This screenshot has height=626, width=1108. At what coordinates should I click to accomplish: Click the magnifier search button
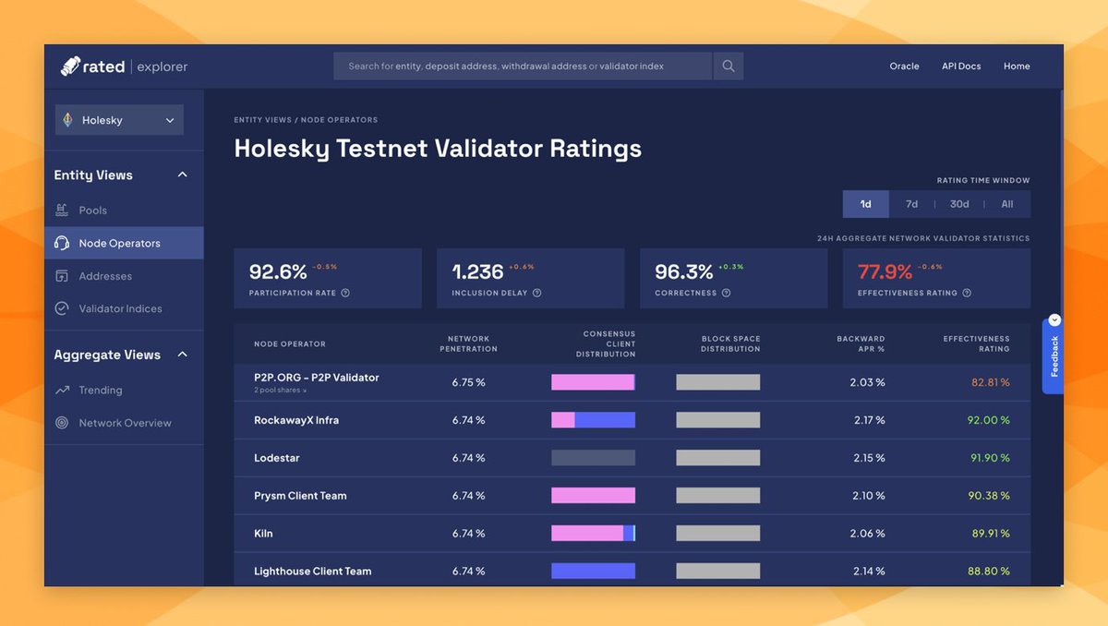(x=729, y=66)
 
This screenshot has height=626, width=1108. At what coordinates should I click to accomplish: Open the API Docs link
(x=961, y=66)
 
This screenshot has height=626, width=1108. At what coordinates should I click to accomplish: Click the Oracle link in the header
(x=904, y=66)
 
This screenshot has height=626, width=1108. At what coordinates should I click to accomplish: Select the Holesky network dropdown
(x=119, y=120)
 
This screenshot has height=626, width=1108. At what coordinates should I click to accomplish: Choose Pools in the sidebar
(x=92, y=211)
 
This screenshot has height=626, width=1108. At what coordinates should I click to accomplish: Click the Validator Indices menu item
(x=120, y=308)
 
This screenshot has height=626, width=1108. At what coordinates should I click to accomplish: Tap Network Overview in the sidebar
(x=125, y=423)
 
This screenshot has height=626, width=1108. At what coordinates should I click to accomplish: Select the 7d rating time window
(x=911, y=204)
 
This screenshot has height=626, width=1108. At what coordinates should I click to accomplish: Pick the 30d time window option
(x=959, y=204)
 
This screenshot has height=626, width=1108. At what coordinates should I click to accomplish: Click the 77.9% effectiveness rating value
(x=885, y=272)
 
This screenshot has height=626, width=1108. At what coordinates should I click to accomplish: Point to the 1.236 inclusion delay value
(x=477, y=272)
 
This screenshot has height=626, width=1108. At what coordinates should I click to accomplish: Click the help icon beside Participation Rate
(x=345, y=293)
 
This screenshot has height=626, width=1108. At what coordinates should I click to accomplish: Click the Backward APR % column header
(x=861, y=343)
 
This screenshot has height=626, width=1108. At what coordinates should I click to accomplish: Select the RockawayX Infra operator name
(x=296, y=420)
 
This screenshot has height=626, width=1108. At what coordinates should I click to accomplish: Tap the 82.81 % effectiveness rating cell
(x=990, y=382)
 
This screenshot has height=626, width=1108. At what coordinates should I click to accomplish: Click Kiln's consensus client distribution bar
(x=593, y=533)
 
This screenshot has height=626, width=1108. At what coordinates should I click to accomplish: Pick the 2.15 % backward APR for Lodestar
(x=867, y=458)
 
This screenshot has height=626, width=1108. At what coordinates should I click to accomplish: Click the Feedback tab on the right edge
(x=1054, y=355)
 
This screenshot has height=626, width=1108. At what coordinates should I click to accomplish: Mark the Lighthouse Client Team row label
(x=312, y=572)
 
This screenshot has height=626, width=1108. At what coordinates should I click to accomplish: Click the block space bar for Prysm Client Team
(x=717, y=496)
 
